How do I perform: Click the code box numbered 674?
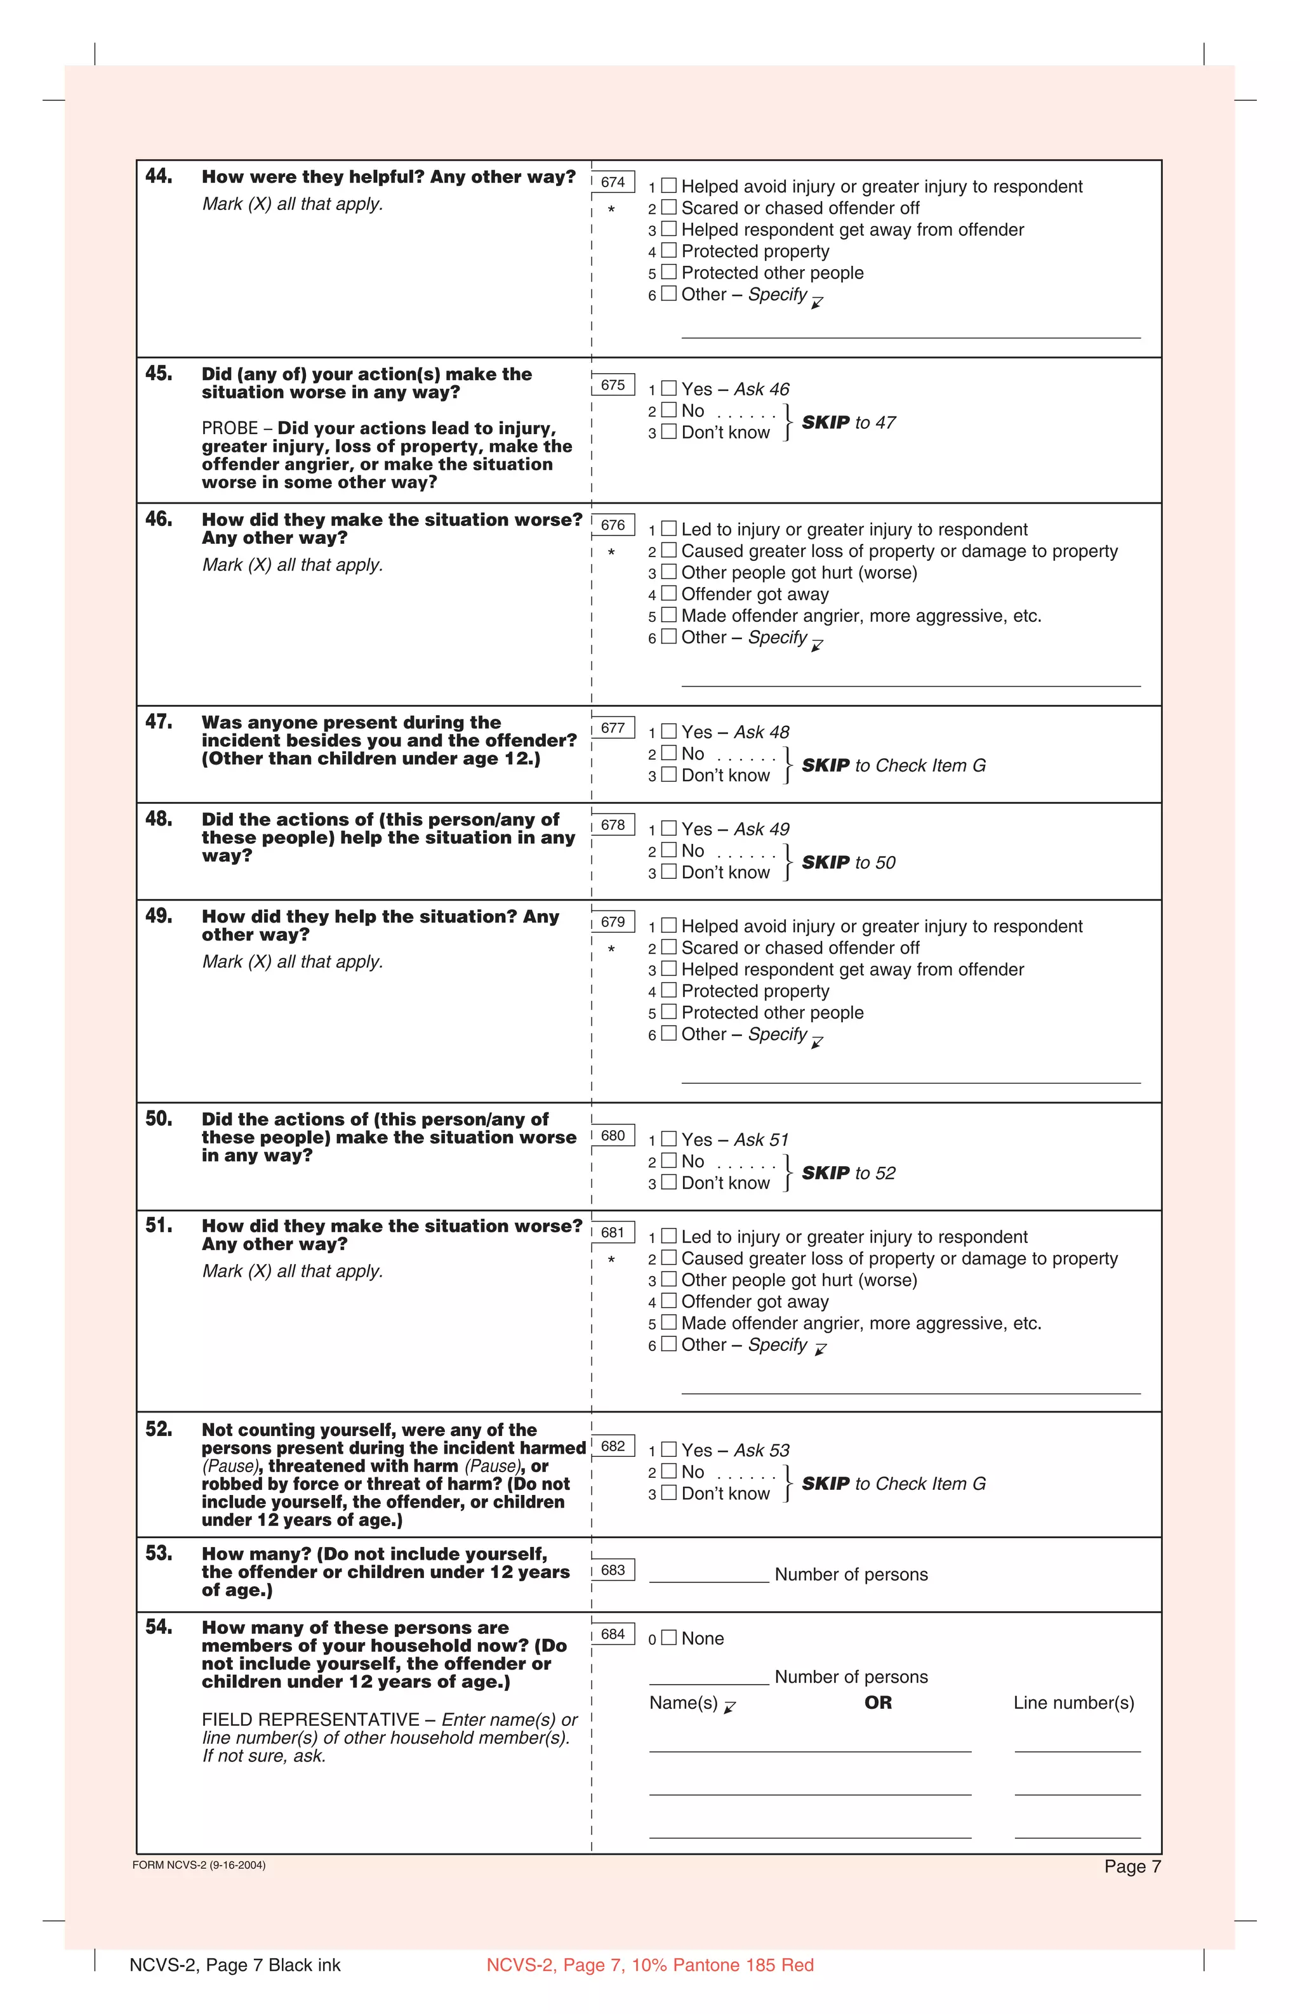613,182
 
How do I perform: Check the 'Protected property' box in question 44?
668,251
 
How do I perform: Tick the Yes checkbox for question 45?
668,389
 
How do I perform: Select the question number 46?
159,519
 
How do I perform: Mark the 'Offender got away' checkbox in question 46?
668,594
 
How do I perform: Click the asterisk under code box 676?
611,553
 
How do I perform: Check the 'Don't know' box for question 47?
668,775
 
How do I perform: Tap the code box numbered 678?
613,825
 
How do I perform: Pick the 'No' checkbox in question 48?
668,850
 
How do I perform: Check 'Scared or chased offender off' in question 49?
668,947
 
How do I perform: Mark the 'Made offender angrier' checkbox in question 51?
668,1323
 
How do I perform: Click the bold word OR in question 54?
877,1702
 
